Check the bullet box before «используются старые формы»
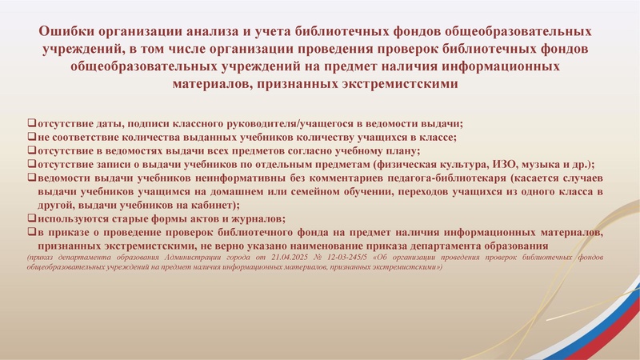pos(31,218)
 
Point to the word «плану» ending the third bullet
pos(403,150)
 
